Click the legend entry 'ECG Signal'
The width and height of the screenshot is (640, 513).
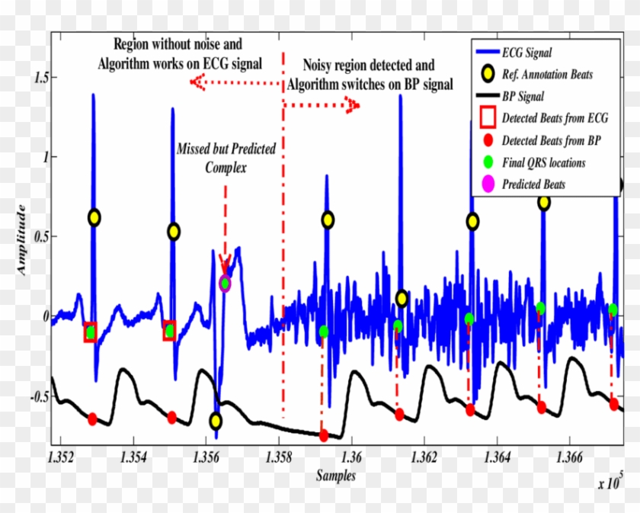click(x=526, y=53)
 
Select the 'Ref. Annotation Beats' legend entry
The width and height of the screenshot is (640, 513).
click(x=547, y=75)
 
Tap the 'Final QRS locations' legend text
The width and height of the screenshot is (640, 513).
click(x=543, y=162)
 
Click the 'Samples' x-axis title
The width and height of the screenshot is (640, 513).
click(x=336, y=476)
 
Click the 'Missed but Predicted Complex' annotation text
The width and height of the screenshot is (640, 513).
click(x=226, y=156)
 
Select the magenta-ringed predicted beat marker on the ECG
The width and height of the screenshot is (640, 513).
click(x=225, y=284)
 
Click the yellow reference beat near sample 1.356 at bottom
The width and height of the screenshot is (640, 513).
click(x=216, y=421)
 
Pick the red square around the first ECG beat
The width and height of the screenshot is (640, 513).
click(x=90, y=332)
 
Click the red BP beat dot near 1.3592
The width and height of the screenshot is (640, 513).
click(x=324, y=435)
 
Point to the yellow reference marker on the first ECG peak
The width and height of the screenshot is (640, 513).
click(x=93, y=217)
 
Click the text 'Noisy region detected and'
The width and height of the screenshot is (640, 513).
click(x=369, y=66)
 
